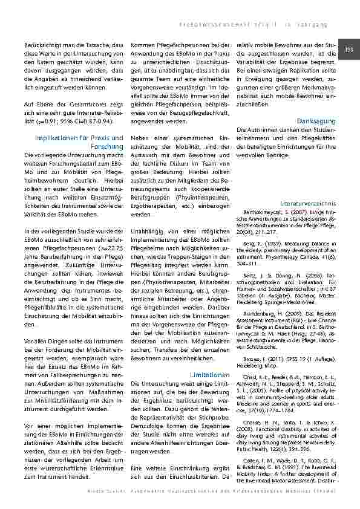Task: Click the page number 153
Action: (x=349, y=50)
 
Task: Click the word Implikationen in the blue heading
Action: (x=58, y=138)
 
